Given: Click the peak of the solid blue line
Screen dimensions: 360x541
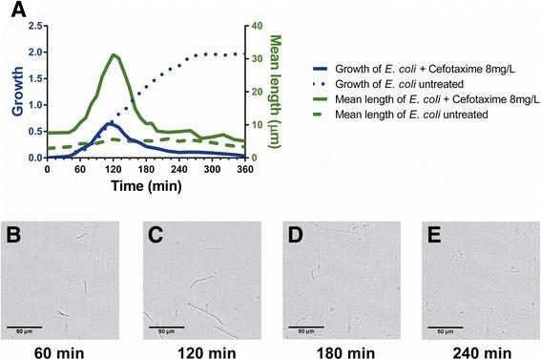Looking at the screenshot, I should (x=112, y=123).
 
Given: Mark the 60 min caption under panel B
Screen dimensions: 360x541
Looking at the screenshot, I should (x=63, y=349).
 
